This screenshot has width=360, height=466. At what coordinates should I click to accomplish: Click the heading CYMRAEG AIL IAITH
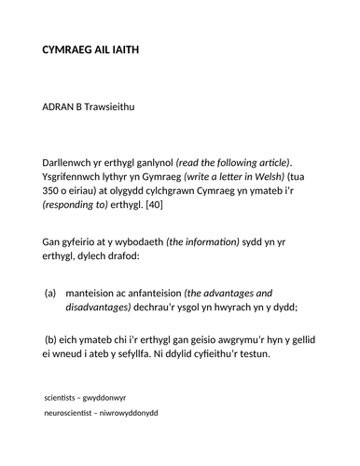[98, 49]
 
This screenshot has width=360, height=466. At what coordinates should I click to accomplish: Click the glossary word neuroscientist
[75, 413]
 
